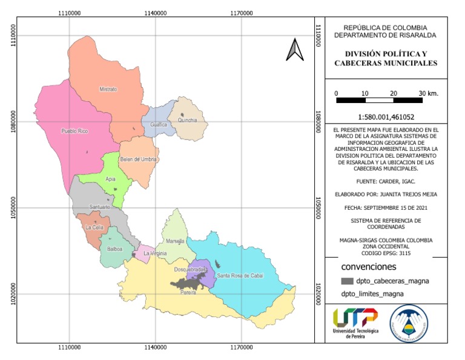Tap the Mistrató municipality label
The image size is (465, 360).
(108, 89)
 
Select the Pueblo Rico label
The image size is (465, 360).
(74, 132)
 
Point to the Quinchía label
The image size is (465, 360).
(188, 120)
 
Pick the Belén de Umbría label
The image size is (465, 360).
(139, 159)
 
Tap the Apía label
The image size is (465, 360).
(110, 179)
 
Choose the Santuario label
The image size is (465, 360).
(100, 207)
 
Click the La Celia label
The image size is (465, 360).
(95, 227)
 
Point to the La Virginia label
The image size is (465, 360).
(155, 253)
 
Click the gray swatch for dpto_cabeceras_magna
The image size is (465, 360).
(347, 281)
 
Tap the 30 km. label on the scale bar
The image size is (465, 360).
(428, 93)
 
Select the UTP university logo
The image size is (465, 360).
(355, 323)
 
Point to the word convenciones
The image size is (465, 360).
(369, 267)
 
